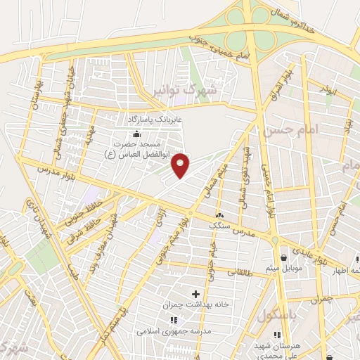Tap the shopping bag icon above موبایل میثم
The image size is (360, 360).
pos(283,257)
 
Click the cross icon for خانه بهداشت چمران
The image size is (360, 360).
pos(195,292)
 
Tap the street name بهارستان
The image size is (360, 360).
pos(35,95)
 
